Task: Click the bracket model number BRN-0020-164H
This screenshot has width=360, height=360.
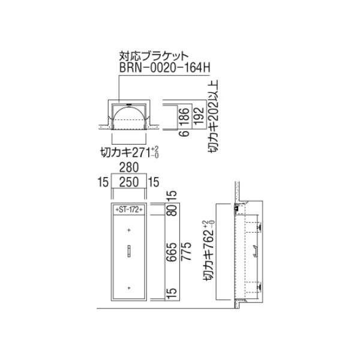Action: [164, 67]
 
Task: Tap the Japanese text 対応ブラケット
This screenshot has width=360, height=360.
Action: [154, 56]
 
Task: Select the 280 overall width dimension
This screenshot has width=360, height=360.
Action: [129, 167]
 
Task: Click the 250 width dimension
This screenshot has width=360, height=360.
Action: [129, 182]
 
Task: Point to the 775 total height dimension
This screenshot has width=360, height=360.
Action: [186, 251]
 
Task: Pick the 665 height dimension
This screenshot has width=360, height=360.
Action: [172, 252]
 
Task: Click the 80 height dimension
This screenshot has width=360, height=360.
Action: [172, 210]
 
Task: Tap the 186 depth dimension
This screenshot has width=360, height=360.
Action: [184, 116]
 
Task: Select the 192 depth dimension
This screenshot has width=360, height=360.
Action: [199, 116]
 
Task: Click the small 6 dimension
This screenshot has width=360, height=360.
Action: [184, 133]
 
